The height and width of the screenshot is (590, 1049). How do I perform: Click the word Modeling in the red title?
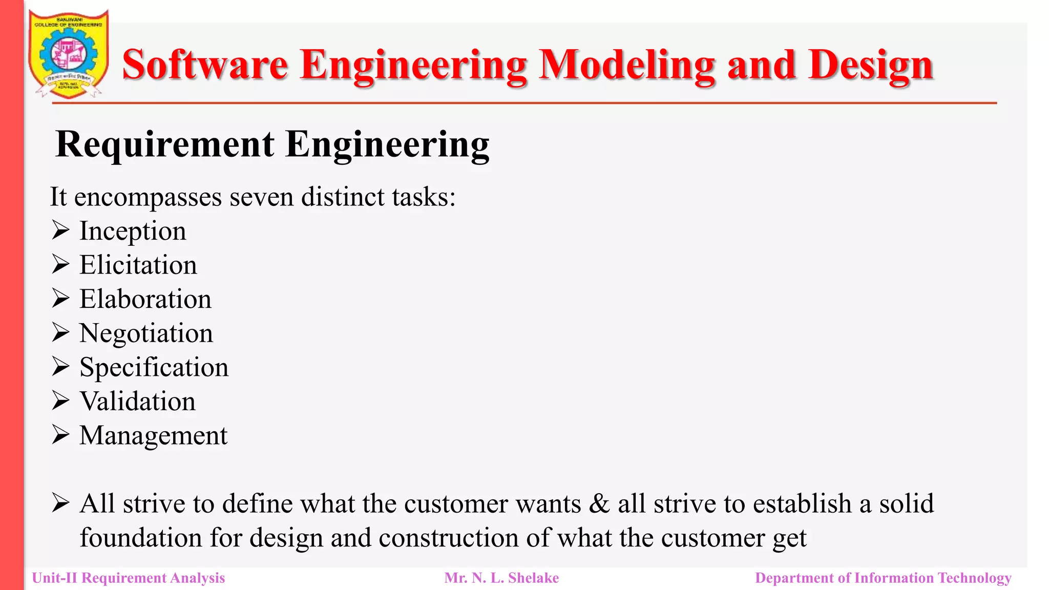pos(627,65)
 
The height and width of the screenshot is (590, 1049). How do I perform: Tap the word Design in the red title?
pos(871,65)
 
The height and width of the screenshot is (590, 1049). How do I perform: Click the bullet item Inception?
pos(133,231)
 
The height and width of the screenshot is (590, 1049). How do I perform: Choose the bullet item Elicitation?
pos(138,265)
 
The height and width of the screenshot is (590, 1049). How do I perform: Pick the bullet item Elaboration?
pos(145,299)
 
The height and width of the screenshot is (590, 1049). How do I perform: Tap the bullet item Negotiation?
pos(146,333)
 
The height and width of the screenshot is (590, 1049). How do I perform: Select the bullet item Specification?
pos(154,367)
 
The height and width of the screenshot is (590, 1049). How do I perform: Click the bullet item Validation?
pos(138,402)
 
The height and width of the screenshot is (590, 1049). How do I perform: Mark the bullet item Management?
pos(154,435)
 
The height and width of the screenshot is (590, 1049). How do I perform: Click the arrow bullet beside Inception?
pos(60,230)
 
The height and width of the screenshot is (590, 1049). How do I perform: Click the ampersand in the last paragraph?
pos(599,503)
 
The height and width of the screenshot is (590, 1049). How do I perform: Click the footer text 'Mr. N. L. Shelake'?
pos(501,578)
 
